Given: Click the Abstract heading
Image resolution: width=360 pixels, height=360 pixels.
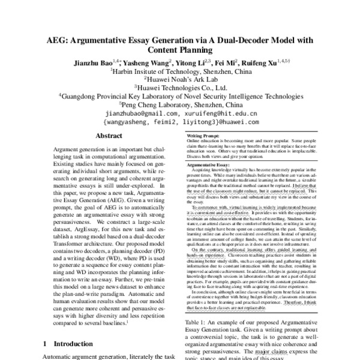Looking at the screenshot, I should click(109, 136).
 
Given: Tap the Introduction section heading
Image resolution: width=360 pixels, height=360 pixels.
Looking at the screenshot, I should click(73, 344).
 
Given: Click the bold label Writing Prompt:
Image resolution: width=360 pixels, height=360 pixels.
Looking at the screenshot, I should click(202, 137).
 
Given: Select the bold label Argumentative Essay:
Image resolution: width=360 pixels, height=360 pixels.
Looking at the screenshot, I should click(209, 164).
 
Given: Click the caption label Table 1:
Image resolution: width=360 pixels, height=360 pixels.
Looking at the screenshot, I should click(198, 322).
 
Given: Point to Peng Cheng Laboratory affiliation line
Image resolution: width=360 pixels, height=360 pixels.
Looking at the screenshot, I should click(181, 103).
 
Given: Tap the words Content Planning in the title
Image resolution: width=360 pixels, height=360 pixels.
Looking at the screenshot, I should click(181, 52).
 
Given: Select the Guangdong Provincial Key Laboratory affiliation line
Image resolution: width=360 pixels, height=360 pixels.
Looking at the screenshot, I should click(181, 95).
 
